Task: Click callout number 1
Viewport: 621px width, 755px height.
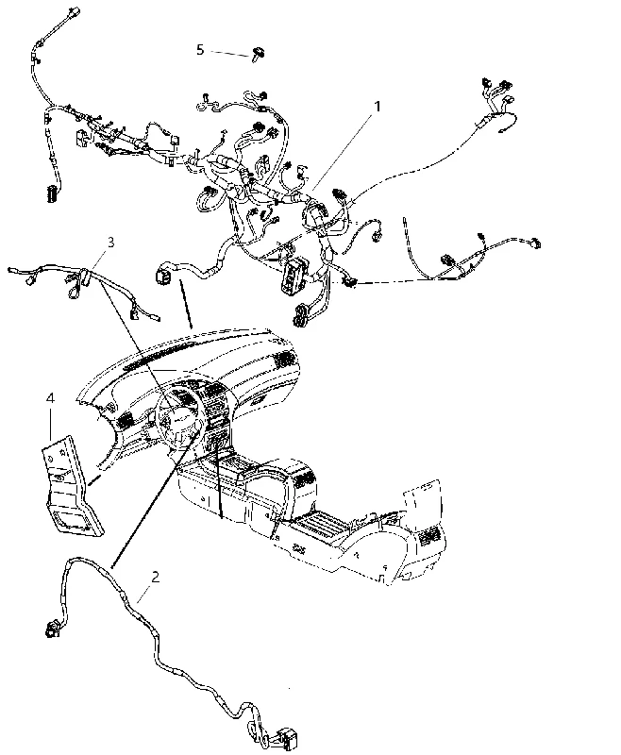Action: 378,106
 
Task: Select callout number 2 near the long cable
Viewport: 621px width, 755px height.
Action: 155,577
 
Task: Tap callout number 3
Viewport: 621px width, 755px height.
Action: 110,242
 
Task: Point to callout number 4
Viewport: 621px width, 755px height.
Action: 50,397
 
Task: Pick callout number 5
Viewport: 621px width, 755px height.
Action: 200,49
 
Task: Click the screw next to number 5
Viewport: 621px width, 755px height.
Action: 259,54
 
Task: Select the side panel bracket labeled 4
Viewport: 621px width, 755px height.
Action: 73,486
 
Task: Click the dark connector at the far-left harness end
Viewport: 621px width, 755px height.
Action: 51,193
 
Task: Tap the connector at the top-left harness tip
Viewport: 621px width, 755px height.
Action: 75,11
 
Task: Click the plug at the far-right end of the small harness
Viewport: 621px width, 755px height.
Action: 534,243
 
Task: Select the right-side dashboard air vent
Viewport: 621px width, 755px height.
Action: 284,359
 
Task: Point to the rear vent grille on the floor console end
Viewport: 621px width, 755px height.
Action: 428,535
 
